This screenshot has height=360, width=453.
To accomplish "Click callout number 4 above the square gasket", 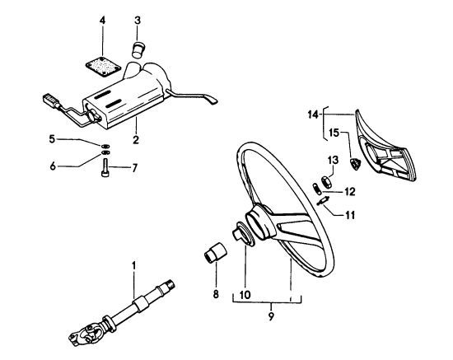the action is tap(103, 21).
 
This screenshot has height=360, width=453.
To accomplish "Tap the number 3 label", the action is tap(138, 21).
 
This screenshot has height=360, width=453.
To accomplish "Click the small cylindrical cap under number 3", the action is tap(138, 49).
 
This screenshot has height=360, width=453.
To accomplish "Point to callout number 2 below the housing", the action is tap(136, 139).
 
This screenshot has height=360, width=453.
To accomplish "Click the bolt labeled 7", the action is tap(105, 167).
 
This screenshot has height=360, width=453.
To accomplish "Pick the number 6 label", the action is tap(53, 166).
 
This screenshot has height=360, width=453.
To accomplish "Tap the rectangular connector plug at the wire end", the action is tap(51, 100).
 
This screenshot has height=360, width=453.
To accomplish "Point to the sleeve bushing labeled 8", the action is tap(215, 254).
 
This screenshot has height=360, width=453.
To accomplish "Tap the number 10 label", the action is tap(245, 295).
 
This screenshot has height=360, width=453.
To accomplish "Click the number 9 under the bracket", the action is tap(271, 316).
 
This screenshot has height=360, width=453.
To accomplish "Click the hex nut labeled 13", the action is tap(325, 182).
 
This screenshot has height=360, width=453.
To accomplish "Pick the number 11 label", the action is tap(350, 215).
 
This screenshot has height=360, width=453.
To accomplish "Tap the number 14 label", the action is tap(314, 115).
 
